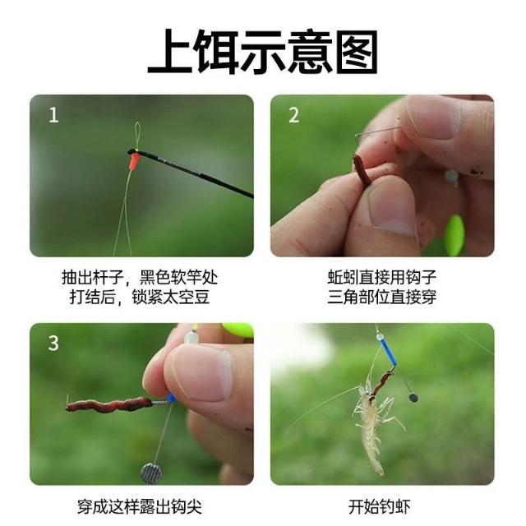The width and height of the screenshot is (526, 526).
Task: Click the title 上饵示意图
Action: click(263, 52)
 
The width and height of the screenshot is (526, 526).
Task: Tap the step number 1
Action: click(53, 115)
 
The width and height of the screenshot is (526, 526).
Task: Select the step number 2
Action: click(293, 115)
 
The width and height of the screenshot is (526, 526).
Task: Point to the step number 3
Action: click(53, 343)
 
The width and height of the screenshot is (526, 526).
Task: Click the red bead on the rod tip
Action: click(134, 161)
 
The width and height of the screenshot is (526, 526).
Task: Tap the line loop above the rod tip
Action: click(137, 136)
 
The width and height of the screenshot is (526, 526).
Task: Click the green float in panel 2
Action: click(454, 231)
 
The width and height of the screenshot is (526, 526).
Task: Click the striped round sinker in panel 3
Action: click(151, 473)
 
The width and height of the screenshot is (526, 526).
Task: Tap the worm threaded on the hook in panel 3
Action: click(108, 404)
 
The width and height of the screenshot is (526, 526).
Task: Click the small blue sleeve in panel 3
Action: click(171, 399)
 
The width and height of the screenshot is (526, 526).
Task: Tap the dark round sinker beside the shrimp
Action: click(413, 398)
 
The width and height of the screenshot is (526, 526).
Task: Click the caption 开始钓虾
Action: click(380, 507)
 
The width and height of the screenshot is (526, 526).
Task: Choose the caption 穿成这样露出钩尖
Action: click(140, 507)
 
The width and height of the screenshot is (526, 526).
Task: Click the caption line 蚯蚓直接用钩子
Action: click(381, 277)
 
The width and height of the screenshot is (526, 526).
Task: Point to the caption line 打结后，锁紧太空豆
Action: click(140, 297)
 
